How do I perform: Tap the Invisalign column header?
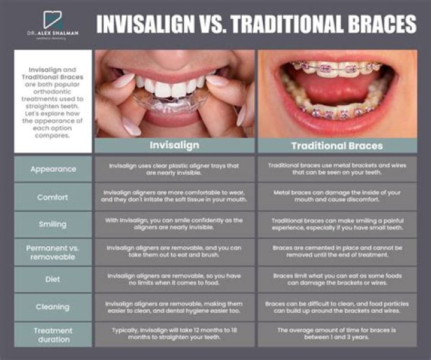[x=175, y=145]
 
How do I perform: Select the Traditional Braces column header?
[x=337, y=145]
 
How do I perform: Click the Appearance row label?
[x=53, y=169]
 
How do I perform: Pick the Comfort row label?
[x=53, y=197]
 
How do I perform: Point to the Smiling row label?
[x=53, y=224]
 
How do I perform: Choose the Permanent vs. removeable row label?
[x=53, y=252]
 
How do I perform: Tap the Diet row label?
[x=53, y=279]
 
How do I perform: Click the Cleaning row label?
[x=53, y=307]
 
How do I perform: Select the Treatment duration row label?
[x=53, y=334]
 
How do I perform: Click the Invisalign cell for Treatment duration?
[x=175, y=334]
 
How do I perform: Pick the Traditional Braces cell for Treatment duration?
[x=337, y=334]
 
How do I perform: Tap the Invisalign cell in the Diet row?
[x=175, y=279]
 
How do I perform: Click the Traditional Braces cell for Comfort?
[x=337, y=197]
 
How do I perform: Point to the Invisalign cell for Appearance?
[x=175, y=169]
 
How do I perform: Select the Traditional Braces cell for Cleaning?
[x=337, y=307]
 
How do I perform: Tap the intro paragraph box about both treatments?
[x=53, y=92]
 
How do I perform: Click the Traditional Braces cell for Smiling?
[x=337, y=224]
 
